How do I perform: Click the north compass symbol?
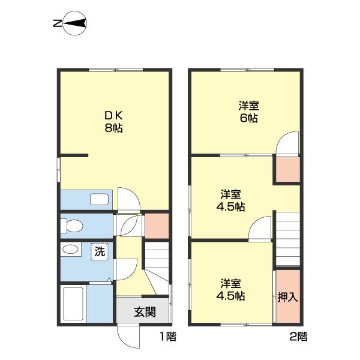75,23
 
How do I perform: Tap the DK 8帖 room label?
113,122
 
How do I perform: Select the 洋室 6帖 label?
249,112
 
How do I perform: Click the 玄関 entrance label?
145,312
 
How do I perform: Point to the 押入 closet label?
287,298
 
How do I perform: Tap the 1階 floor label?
168,337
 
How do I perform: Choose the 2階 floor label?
298,337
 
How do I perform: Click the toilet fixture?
71,226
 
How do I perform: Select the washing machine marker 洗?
100,251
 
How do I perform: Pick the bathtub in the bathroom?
73,304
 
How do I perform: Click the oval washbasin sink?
70,250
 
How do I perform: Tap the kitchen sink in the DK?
99,199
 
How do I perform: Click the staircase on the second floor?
288,239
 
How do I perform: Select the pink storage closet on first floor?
157,226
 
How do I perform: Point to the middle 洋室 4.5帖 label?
231,200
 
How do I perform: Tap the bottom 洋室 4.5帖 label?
231,290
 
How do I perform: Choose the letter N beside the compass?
57,23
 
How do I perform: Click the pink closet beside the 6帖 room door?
288,169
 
